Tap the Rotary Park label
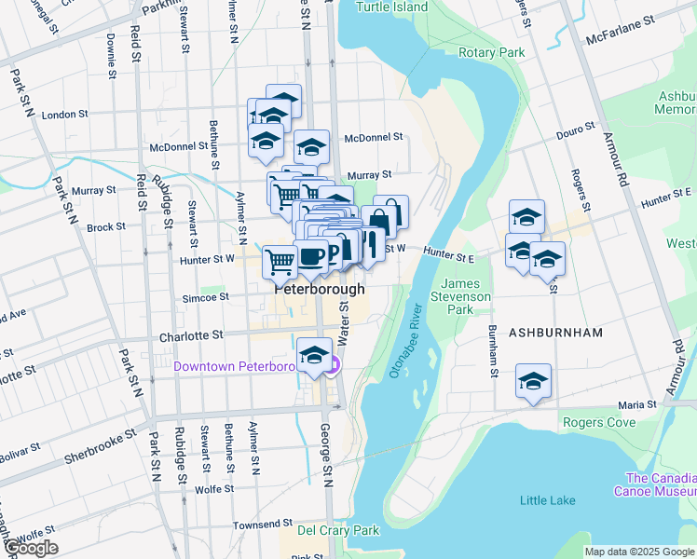[492, 53]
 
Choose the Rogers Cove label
[598, 422]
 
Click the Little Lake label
[547, 500]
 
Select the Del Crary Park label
[338, 530]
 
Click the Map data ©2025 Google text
[638, 552]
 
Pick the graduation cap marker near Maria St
[534, 380]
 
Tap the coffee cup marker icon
[309, 256]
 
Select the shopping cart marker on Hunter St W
[280, 262]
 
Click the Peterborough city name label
[319, 290]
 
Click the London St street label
[64, 115]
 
